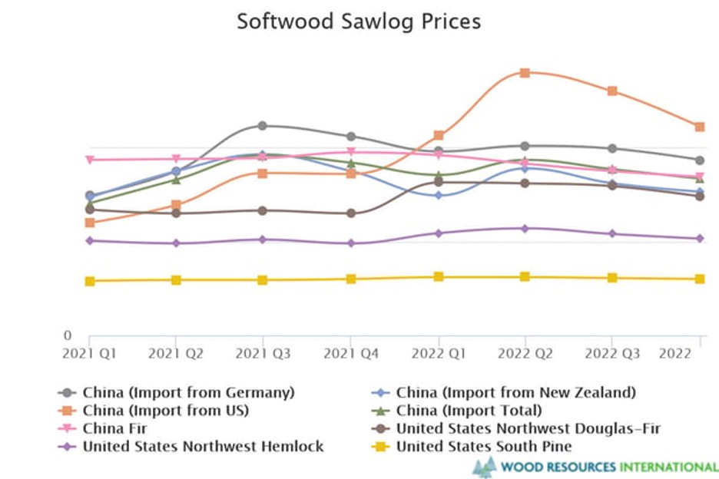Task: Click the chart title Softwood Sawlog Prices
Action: coord(359,21)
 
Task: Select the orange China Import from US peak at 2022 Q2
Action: coord(525,73)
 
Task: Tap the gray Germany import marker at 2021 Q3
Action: coord(263,125)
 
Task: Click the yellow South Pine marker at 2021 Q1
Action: coord(89,281)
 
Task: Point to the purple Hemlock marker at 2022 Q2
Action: coord(525,229)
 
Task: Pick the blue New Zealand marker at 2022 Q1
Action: coord(438,196)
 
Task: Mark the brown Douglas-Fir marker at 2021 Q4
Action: coord(350,213)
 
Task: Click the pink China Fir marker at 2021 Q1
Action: coord(89,160)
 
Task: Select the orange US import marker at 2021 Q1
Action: coord(89,223)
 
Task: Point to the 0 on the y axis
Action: coord(67,336)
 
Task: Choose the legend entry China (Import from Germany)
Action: coord(188,392)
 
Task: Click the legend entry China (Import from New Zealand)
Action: coord(515,392)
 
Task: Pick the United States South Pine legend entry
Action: coord(484,446)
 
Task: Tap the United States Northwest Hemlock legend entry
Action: coord(203,446)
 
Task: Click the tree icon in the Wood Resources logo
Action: coord(484,466)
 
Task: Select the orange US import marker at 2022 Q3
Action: coord(612,91)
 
